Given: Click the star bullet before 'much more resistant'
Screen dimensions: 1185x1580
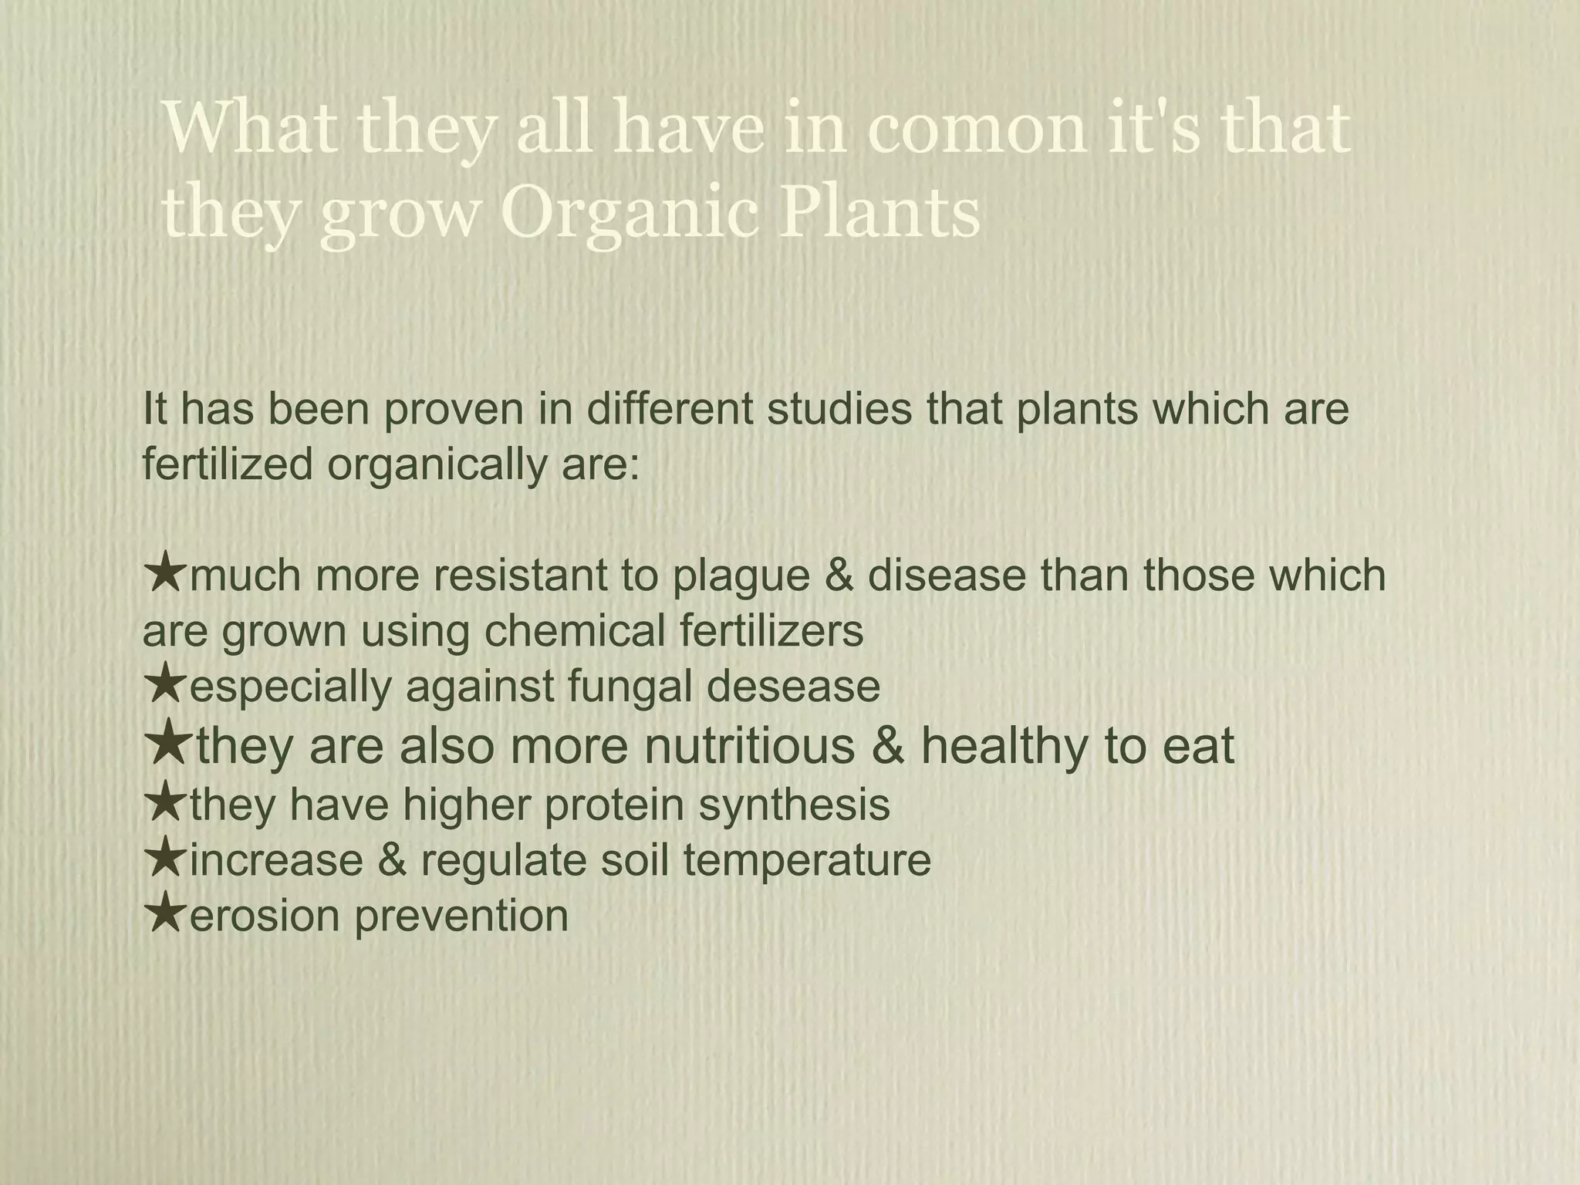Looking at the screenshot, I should point(164,575).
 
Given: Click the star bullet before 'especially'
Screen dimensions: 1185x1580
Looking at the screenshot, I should point(164,686).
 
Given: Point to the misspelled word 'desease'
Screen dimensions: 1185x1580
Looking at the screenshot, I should point(793,687).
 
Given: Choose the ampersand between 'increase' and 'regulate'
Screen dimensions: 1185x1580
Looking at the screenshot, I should point(392,859).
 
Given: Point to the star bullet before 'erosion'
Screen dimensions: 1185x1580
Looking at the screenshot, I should point(164,914).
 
